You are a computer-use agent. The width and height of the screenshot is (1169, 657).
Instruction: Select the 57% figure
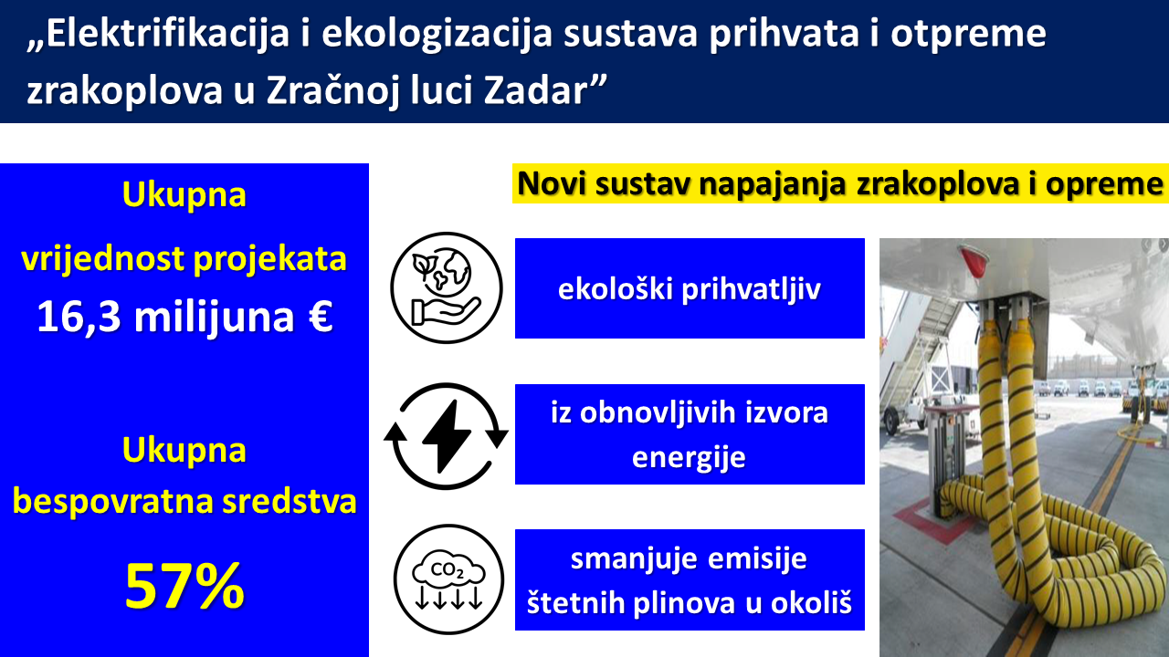pyautogui.click(x=184, y=586)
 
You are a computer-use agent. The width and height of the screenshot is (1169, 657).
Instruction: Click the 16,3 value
pyautogui.click(x=79, y=317)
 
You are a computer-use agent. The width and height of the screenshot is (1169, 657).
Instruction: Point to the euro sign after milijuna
pyautogui.click(x=321, y=316)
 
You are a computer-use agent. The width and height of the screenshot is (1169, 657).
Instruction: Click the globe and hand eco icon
pyautogui.click(x=447, y=287)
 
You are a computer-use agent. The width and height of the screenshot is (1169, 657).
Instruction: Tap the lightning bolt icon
pyautogui.click(x=447, y=436)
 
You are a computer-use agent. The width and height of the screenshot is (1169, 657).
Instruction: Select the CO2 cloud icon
pyautogui.click(x=448, y=579)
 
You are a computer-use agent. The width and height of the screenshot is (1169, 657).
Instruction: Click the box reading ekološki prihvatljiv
pyautogui.click(x=690, y=288)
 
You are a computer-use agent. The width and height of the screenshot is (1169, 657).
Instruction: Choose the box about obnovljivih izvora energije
pyautogui.click(x=690, y=434)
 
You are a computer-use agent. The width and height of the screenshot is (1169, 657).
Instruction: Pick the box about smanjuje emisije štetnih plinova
pyautogui.click(x=690, y=579)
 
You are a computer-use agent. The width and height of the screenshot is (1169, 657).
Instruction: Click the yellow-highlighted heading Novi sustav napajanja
pyautogui.click(x=840, y=183)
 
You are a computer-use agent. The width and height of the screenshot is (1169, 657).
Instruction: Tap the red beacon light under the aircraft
pyautogui.click(x=974, y=261)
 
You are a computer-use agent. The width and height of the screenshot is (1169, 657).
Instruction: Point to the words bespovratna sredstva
pyautogui.click(x=184, y=501)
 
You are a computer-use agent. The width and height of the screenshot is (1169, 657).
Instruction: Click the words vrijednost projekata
pyautogui.click(x=184, y=258)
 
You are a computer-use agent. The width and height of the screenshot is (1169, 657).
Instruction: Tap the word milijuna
pyautogui.click(x=214, y=317)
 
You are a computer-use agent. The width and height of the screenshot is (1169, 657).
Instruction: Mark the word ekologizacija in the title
pyautogui.click(x=437, y=35)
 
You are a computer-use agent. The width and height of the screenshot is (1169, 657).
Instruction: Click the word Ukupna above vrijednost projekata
pyautogui.click(x=184, y=194)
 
